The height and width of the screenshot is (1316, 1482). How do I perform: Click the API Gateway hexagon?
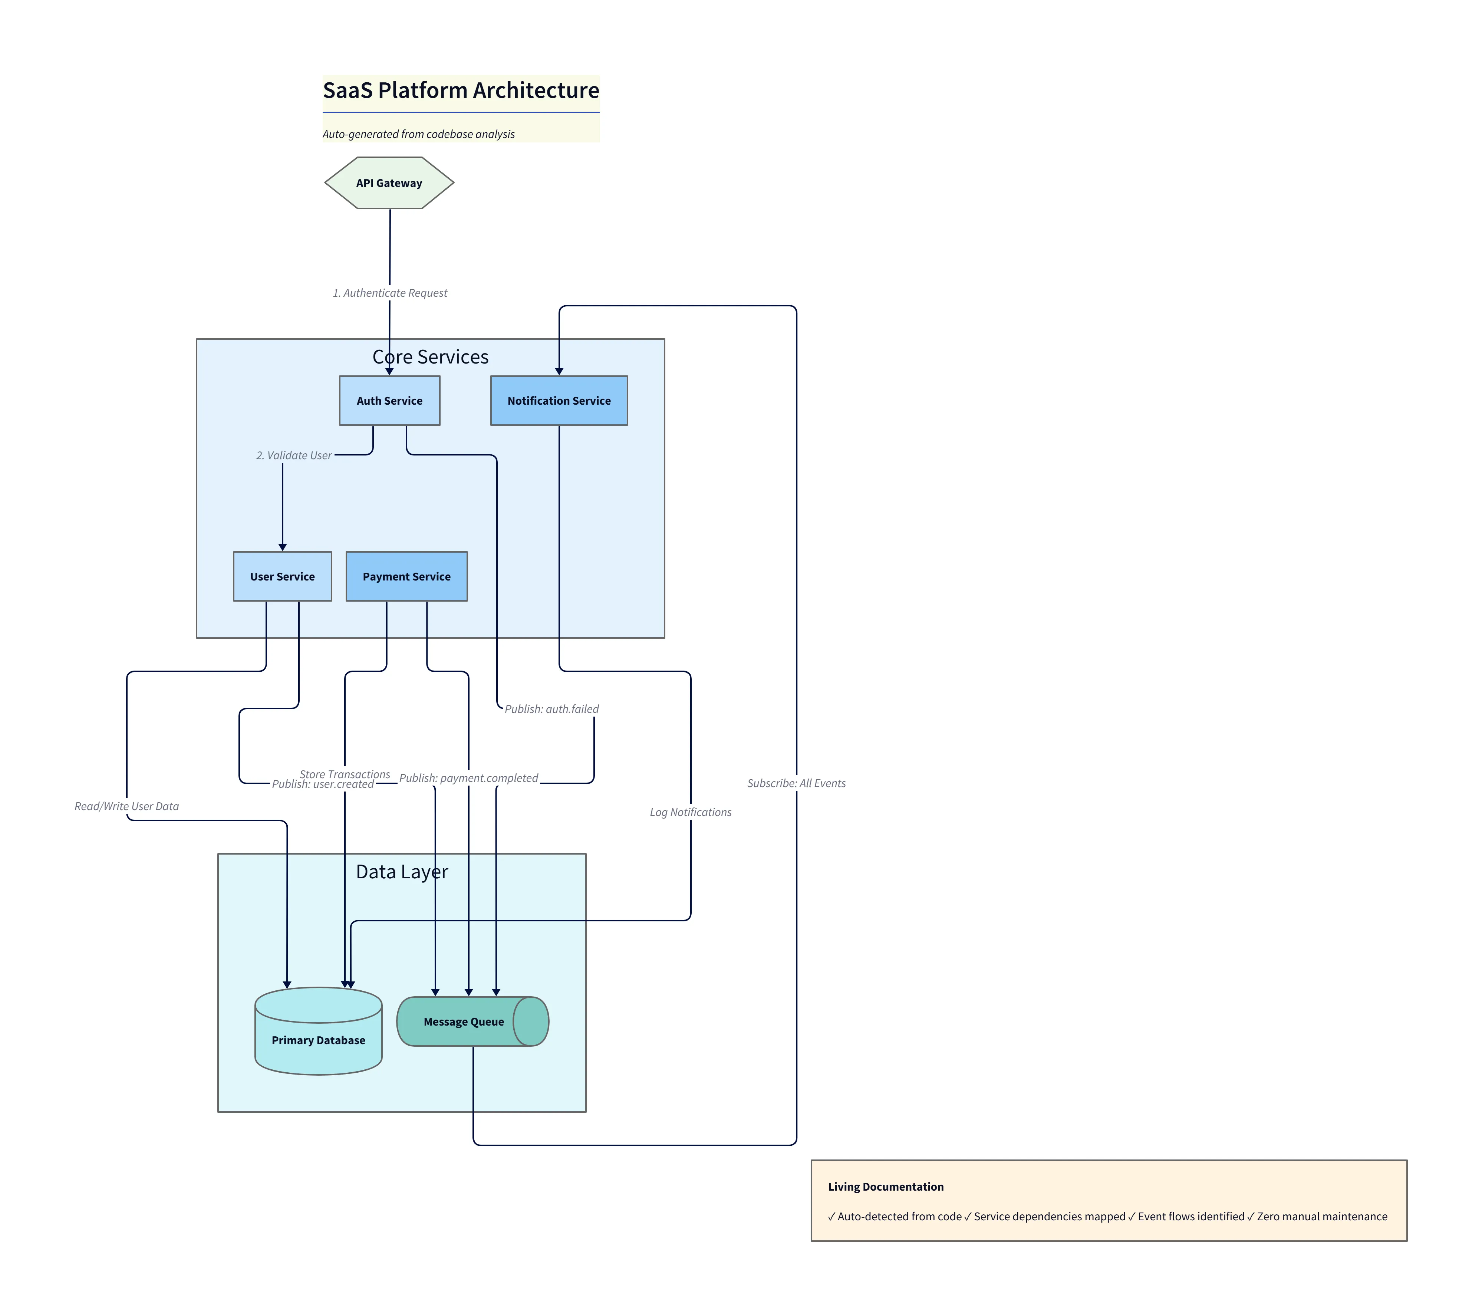[389, 183]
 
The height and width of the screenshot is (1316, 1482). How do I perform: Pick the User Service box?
[282, 576]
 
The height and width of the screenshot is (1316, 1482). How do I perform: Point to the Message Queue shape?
[464, 1021]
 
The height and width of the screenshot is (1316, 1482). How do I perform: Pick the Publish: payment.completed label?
[468, 778]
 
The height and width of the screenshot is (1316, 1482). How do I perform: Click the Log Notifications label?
[690, 812]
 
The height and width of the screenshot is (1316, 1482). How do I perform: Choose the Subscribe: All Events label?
[796, 783]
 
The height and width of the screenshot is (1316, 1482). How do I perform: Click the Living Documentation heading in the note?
[885, 1187]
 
